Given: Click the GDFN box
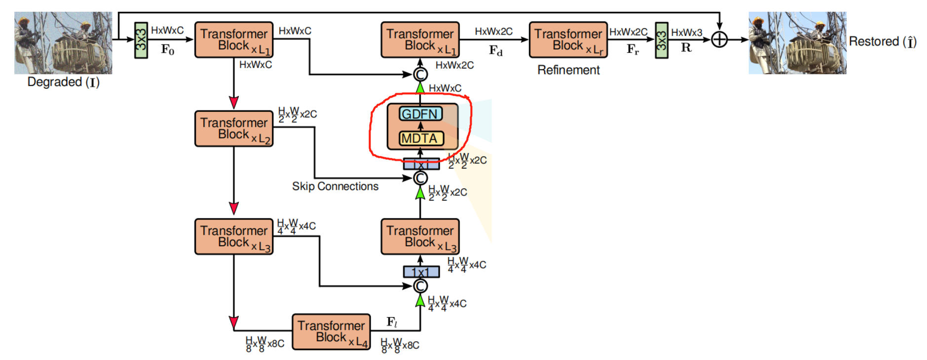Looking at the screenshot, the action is coord(420,114).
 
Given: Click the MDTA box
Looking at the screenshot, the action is coord(420,139).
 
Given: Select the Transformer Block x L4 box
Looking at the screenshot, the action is coord(331,332).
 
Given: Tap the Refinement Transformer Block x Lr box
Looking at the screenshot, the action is coord(568,40).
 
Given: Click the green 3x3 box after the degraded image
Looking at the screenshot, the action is coord(141,40).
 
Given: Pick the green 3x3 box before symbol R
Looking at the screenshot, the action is coord(661,40).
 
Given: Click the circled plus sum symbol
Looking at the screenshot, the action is coord(719,39).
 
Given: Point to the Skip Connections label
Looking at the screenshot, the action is coord(335,186).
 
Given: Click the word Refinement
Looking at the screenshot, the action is coord(568,70).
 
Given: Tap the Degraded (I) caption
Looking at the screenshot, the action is coord(63,82).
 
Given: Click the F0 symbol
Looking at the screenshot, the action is coord(168,49).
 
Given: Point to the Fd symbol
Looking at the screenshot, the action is coord(495,50).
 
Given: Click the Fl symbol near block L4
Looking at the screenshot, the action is coord(392,322).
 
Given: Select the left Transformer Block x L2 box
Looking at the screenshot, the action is coord(234,129).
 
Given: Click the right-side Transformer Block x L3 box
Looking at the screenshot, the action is coord(420,237).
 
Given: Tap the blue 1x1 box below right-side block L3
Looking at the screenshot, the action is coord(421,272).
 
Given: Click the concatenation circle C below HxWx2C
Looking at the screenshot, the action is coord(420,74).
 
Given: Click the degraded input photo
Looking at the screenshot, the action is coord(63,43).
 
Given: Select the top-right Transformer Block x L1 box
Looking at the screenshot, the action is coord(420,40).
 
